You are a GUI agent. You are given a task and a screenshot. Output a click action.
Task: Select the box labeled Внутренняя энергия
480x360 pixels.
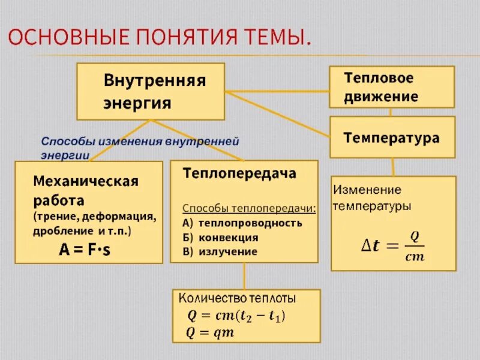[x=150, y=91]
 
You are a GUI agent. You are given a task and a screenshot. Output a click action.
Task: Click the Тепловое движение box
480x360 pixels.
[x=391, y=87]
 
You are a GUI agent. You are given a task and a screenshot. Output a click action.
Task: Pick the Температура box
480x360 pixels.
[x=391, y=137]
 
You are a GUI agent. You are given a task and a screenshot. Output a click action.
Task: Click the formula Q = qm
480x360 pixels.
[x=211, y=332]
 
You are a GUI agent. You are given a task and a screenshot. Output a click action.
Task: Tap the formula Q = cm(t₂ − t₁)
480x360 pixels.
[x=238, y=315]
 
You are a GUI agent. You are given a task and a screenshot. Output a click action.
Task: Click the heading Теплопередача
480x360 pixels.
[x=239, y=173]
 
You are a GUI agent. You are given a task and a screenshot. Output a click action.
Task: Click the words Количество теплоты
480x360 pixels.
[x=236, y=298]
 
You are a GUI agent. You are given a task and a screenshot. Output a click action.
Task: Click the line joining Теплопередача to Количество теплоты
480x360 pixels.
[x=244, y=275]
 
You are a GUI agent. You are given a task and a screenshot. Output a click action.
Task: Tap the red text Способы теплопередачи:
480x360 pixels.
[x=249, y=208]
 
